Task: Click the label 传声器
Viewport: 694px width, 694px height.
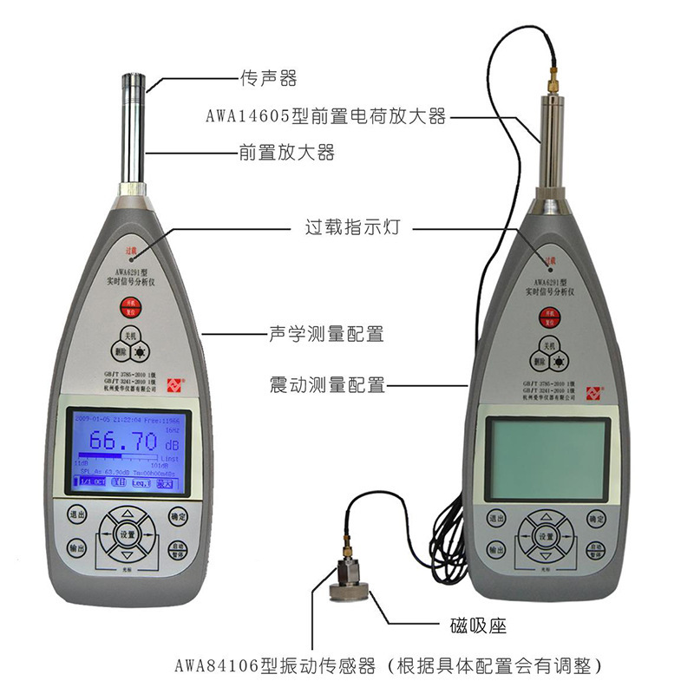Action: point(268,79)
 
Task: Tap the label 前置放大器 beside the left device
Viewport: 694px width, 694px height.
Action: point(286,153)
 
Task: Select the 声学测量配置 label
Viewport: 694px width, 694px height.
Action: point(325,332)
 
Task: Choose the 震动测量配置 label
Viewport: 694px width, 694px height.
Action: point(327,385)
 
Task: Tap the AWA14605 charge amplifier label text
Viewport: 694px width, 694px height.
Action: point(325,115)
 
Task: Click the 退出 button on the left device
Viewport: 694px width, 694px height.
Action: point(76,517)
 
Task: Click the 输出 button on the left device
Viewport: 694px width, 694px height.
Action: point(76,549)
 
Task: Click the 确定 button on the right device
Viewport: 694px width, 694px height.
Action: point(596,519)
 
